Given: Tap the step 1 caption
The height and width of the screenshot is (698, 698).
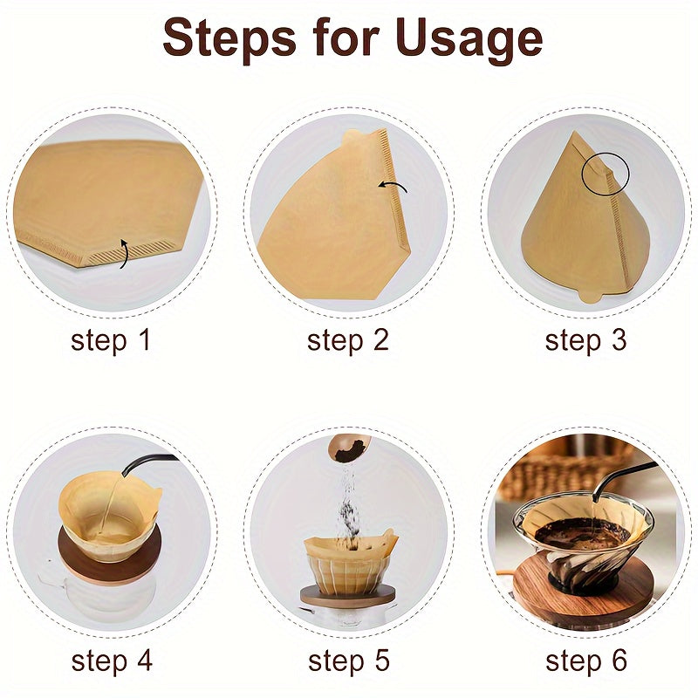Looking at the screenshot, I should pos(111,341).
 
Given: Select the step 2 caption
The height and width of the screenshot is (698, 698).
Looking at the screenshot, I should pos(348,341).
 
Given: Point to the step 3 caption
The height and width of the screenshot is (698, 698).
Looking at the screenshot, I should pos(585,341).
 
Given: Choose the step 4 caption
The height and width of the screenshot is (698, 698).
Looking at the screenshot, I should pos(111,661).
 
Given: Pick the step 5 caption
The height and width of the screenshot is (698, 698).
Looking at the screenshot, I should pos(348,661).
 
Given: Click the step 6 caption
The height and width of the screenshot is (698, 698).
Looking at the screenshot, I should pos(585,661).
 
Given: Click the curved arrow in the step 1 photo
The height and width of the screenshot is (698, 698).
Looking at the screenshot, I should pos(123,253).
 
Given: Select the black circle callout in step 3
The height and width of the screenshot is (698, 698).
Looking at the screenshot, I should pos(604,174).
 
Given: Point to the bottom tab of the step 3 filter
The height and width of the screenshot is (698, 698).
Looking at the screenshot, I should pos(592,294).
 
